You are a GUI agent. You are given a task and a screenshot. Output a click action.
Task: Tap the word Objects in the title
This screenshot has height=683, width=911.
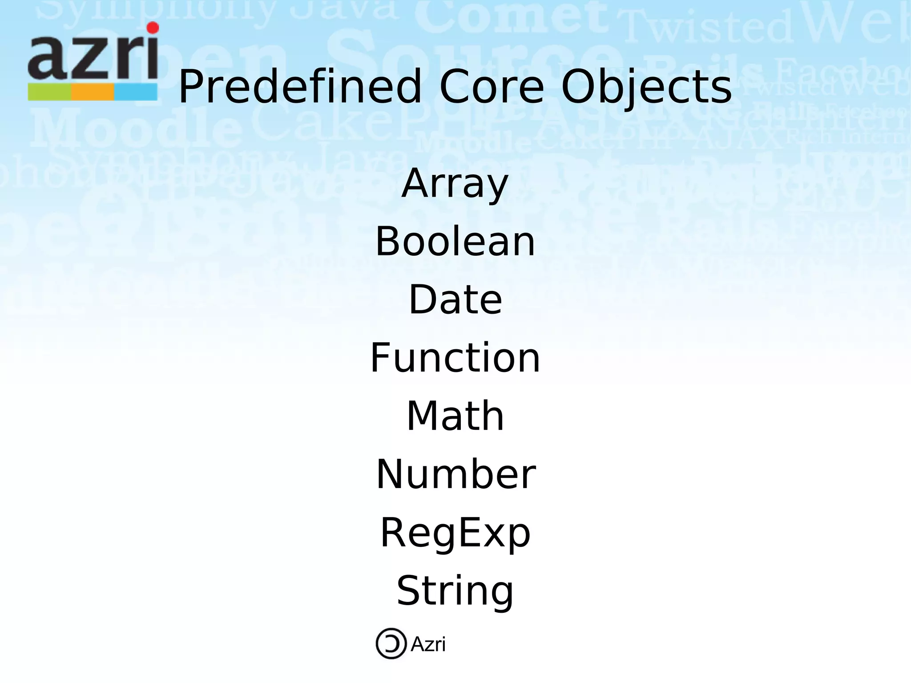tap(646, 88)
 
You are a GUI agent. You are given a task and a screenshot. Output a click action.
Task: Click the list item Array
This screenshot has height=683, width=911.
tap(455, 184)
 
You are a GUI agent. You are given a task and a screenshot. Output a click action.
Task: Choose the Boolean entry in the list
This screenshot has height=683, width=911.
tap(455, 242)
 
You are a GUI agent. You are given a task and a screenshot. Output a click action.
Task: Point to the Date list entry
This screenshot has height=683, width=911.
tap(455, 300)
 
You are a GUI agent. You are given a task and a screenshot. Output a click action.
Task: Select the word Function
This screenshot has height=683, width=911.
tap(455, 358)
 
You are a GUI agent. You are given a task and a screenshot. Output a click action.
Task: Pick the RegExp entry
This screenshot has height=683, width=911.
tap(455, 533)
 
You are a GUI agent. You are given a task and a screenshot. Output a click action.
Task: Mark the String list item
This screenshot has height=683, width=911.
tap(455, 591)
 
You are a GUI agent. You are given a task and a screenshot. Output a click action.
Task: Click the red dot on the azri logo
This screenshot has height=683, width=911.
tap(153, 28)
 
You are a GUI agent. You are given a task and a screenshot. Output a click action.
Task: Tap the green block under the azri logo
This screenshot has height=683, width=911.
tap(49, 92)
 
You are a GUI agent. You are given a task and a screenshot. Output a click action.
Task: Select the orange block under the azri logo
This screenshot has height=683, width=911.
tap(93, 92)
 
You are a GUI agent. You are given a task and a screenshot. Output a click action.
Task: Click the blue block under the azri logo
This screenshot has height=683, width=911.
tap(136, 92)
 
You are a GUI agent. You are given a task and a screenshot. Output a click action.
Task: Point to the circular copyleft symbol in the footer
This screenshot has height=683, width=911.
tap(391, 643)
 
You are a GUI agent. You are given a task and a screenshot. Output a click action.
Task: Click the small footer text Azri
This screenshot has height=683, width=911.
tap(428, 644)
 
